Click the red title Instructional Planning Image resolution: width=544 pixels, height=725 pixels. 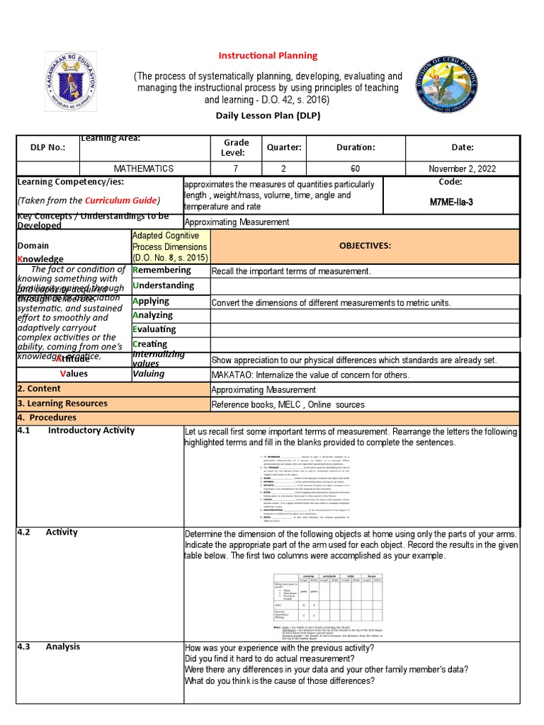[x=267, y=55]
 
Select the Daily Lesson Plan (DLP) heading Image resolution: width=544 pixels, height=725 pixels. [x=268, y=115]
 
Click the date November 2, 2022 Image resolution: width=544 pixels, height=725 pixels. [x=463, y=169]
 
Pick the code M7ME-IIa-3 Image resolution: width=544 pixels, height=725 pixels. [x=451, y=202]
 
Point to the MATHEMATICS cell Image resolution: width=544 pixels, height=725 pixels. [x=144, y=169]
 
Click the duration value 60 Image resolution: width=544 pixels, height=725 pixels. [x=355, y=169]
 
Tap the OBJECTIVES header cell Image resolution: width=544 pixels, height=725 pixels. [x=365, y=245]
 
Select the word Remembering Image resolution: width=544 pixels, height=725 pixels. [x=161, y=270]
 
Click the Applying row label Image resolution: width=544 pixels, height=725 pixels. [x=151, y=301]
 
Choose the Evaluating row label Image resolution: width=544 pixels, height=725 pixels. [x=154, y=329]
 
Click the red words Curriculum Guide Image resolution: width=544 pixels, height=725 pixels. [x=120, y=200]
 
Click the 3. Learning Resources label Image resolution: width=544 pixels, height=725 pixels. [x=62, y=404]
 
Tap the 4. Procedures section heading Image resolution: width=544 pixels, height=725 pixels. [x=47, y=418]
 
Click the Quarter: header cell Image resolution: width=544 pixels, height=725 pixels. [x=284, y=147]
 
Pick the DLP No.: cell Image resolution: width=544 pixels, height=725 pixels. [x=47, y=147]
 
